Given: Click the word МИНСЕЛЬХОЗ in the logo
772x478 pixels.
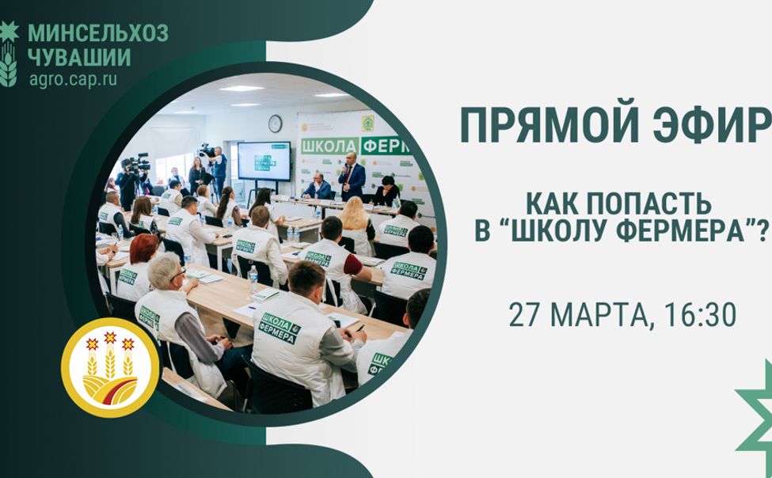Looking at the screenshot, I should [98, 34].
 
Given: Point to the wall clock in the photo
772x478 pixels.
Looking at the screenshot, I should [275, 123].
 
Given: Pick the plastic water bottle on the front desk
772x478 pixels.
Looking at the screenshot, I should [253, 276].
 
